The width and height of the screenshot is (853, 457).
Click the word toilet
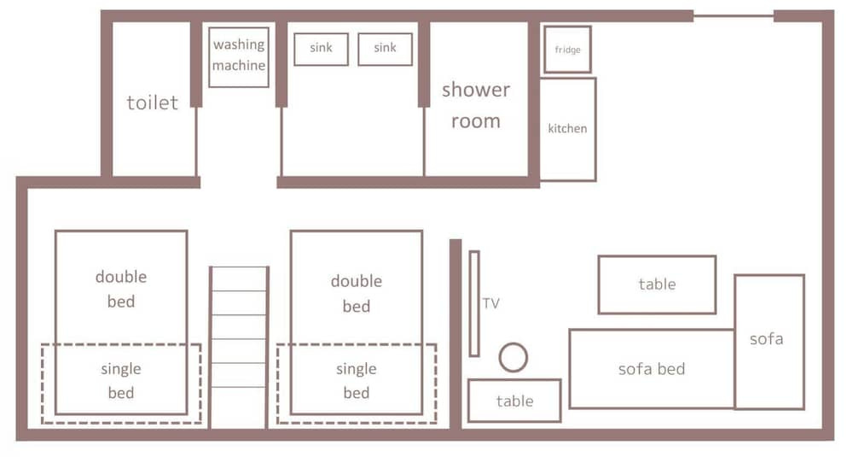[153, 103]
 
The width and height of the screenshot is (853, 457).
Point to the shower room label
[476, 105]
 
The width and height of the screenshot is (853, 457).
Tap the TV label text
[490, 303]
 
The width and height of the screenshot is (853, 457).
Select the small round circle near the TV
[513, 343]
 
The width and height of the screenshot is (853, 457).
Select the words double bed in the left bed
[121, 289]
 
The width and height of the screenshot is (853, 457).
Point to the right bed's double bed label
[357, 293]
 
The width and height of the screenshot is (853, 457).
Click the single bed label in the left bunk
[121, 380]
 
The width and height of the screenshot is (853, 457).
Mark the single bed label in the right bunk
[357, 380]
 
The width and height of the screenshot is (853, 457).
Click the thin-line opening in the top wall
[734, 15]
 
